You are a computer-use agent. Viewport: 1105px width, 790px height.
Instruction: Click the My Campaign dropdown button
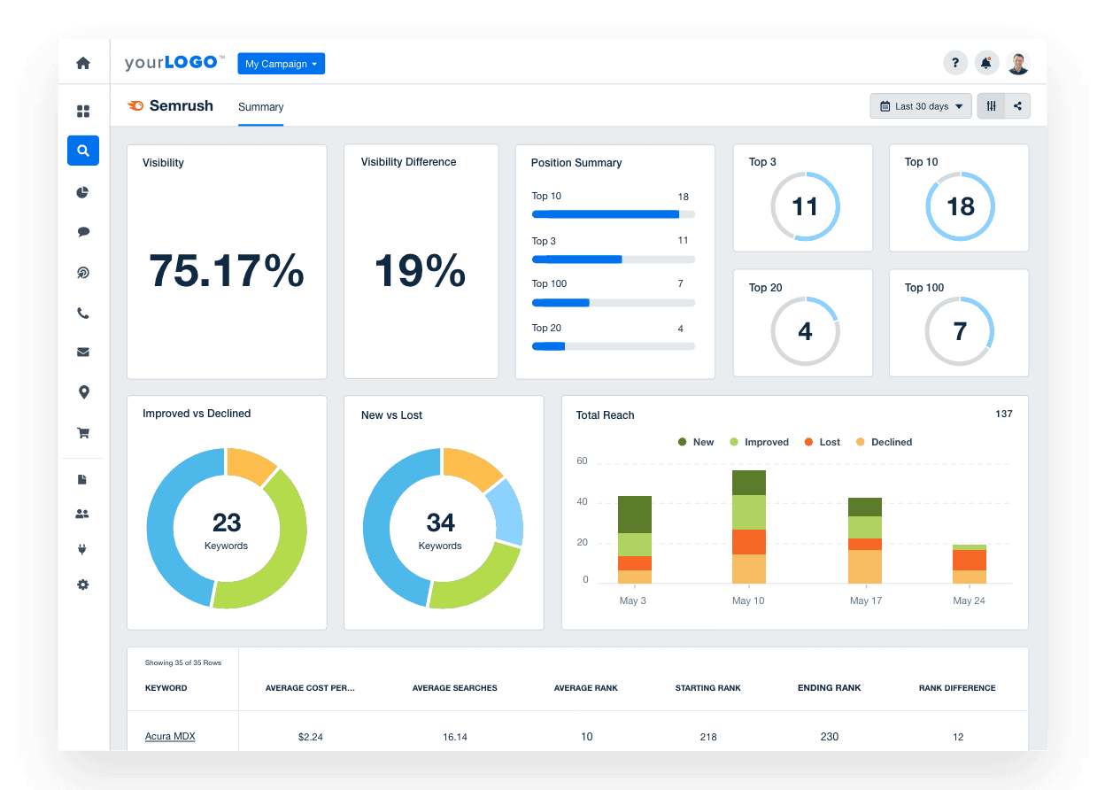(281, 64)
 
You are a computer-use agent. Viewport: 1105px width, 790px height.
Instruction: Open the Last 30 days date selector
(921, 106)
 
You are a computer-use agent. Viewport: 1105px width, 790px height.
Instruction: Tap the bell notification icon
(986, 63)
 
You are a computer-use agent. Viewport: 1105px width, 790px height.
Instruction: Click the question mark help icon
(954, 63)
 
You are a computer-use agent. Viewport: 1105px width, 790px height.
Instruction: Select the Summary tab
(260, 107)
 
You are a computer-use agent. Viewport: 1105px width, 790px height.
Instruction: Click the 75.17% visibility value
(227, 270)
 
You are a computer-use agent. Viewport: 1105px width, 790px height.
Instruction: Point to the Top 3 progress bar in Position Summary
(613, 259)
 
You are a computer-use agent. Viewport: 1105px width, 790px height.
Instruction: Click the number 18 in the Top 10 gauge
(960, 206)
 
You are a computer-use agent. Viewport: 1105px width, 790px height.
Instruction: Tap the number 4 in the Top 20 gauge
(805, 332)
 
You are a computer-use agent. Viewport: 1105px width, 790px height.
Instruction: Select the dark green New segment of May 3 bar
(635, 515)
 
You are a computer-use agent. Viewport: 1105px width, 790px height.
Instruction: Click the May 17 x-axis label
(865, 600)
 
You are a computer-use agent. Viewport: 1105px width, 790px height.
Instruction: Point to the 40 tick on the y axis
(583, 502)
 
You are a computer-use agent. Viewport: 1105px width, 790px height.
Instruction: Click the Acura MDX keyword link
(170, 737)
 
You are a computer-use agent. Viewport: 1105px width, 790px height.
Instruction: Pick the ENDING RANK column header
(829, 688)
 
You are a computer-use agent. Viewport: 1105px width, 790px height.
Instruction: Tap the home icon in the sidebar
(83, 63)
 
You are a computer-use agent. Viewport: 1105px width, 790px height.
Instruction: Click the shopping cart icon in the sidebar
(83, 433)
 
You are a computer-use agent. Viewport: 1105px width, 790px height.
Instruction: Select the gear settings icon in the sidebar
(83, 585)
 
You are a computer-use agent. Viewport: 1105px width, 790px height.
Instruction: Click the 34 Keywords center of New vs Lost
(441, 530)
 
